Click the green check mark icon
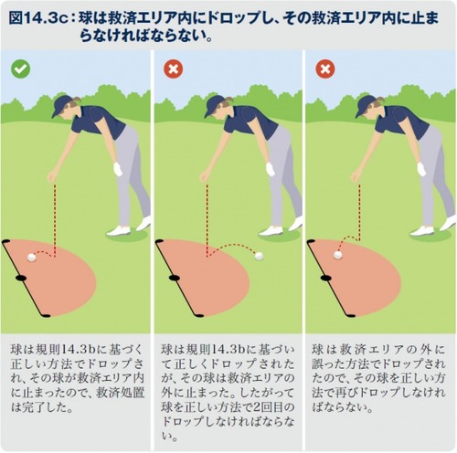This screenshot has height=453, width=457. [21, 69]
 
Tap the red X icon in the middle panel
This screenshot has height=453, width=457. [174, 68]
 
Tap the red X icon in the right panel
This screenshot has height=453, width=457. [325, 68]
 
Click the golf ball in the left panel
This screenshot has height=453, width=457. [31, 258]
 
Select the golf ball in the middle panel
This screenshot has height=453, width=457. [259, 257]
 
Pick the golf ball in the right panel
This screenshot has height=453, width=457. [337, 255]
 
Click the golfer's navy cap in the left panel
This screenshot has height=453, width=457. [61, 105]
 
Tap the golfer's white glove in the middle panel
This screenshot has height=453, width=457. [271, 169]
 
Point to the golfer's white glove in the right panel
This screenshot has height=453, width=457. [421, 169]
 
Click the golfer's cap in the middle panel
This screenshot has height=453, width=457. [214, 105]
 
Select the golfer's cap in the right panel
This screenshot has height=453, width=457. [366, 105]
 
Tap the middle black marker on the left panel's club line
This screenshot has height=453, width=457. [21, 278]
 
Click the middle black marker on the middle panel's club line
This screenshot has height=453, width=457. [174, 278]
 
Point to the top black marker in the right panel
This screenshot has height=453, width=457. [311, 242]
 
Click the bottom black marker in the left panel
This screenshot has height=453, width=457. [46, 316]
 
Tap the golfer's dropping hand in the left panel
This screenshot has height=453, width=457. [52, 176]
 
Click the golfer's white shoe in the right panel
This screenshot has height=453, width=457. [422, 231]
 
